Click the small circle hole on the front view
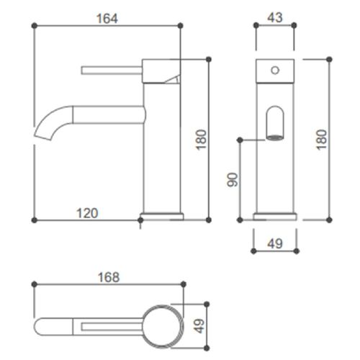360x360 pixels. [x=274, y=70]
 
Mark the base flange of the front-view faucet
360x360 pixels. [x=274, y=215]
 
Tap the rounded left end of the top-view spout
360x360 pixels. [x=42, y=326]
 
